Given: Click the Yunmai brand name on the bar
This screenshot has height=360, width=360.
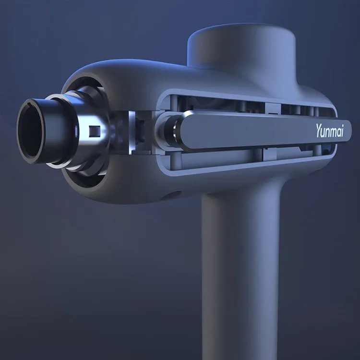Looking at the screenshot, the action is pyautogui.click(x=329, y=131).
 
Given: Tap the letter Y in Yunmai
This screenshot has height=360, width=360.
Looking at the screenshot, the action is pyautogui.click(x=319, y=131).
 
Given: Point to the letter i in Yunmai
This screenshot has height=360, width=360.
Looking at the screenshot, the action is pyautogui.click(x=342, y=131).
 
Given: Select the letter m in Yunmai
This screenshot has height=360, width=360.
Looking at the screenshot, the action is pyautogui.click(x=332, y=132).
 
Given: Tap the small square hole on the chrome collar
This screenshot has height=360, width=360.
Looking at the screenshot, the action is pyautogui.click(x=95, y=131).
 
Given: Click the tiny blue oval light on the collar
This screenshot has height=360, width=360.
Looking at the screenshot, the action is pyautogui.click(x=76, y=131).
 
